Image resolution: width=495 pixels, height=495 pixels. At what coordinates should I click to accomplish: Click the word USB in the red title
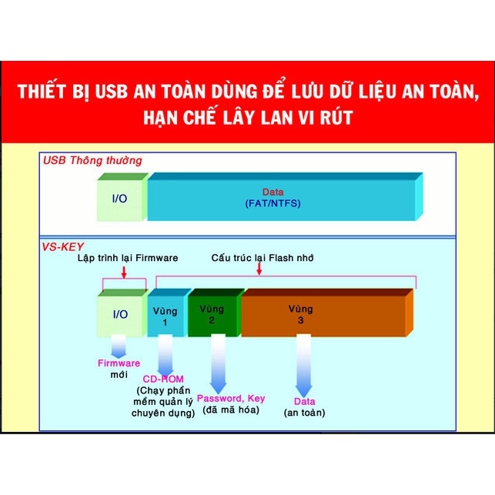coord(112,92)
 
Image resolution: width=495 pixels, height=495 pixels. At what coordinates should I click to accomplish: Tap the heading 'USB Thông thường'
coord(92,160)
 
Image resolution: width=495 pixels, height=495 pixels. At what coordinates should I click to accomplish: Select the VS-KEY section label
coord(63,246)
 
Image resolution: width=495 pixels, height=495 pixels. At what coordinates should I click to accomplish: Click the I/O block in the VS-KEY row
coord(122,313)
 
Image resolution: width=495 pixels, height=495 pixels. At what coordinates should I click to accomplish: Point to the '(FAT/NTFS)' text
coord(273,203)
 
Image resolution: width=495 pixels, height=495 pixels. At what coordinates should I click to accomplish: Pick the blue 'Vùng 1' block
coord(168,313)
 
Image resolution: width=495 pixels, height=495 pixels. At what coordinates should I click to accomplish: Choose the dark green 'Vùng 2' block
coord(215,313)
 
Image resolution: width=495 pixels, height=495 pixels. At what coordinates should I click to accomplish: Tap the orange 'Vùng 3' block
coord(326,313)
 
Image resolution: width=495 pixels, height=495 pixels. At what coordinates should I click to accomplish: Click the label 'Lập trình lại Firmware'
coord(128,258)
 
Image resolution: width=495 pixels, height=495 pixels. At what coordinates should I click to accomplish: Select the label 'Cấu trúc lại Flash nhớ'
coord(263,258)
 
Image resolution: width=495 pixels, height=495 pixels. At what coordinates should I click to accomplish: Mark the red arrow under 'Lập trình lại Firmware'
coord(124,273)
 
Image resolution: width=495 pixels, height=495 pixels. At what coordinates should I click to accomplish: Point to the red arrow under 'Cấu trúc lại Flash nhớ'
coord(259,269)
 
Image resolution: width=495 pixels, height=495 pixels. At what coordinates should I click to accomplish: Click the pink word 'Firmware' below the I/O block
coord(119,363)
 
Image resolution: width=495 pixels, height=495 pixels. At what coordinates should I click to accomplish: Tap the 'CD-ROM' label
coord(163,379)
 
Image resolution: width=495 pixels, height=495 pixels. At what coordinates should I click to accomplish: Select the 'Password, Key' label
coord(231,399)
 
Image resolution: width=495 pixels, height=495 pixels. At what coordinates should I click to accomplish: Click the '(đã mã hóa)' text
coord(231,410)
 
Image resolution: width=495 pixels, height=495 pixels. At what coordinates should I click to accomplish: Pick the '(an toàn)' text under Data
coord(304,413)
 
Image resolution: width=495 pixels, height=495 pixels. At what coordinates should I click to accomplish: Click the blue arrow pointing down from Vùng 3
coord(303,366)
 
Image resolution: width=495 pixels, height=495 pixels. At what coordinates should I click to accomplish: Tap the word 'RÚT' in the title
coord(336,118)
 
